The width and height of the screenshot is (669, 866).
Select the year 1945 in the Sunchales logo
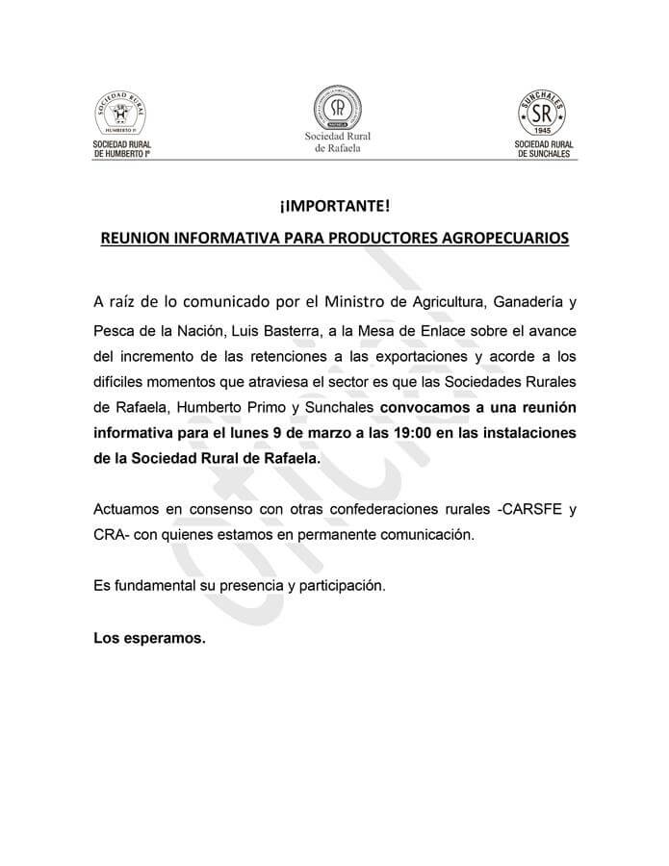coord(544,130)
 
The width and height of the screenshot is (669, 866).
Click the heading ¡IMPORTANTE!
coord(334,207)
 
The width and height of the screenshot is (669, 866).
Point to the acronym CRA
coord(110,532)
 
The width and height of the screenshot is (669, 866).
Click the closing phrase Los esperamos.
coord(149,636)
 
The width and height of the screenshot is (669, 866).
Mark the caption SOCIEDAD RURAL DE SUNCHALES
coord(544,148)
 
